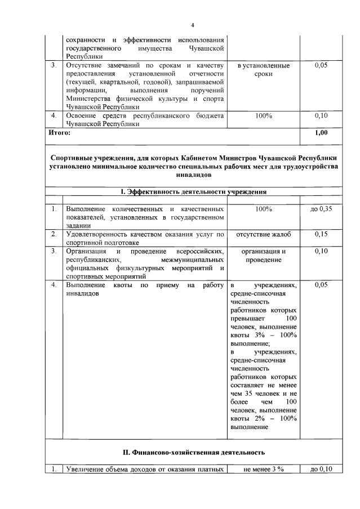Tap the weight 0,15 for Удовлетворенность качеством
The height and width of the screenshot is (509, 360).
click(x=321, y=234)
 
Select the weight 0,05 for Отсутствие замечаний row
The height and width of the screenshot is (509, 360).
click(x=321, y=66)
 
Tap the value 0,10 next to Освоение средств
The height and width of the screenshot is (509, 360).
click(x=321, y=116)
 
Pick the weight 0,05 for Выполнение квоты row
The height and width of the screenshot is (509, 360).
click(x=321, y=285)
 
